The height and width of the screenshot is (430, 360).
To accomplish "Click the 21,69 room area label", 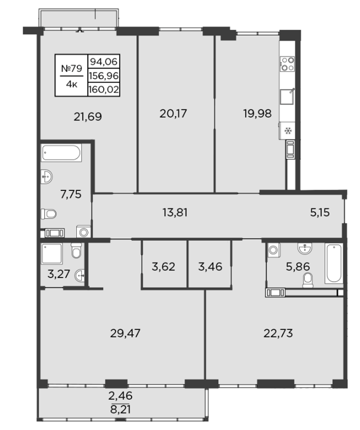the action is click(88, 117).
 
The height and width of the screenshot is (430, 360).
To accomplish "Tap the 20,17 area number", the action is click(173, 113).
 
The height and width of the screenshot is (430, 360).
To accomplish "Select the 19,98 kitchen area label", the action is click(257, 113).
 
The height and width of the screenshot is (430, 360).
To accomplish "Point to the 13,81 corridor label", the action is click(175, 213).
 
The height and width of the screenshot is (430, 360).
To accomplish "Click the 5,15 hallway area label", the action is click(319, 213).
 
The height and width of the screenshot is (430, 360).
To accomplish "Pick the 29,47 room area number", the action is click(125, 333).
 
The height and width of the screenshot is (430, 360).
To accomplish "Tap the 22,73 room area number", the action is click(278, 333).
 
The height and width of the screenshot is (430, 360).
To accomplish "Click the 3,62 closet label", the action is click(163, 267).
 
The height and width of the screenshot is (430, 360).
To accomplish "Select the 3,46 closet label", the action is click(210, 267).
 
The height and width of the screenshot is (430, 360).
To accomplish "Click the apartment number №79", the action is click(71, 68).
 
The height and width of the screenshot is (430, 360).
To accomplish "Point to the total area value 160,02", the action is click(104, 90).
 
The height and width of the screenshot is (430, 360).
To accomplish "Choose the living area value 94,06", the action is click(104, 61).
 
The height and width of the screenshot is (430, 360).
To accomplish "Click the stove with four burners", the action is click(288, 64).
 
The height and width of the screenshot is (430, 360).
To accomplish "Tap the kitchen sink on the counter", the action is click(288, 96).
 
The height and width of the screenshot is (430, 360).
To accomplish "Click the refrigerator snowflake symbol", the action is click(288, 131).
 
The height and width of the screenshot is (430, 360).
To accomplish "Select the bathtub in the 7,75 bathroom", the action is click(61, 153).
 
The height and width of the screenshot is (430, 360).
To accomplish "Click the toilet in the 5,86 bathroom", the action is click(308, 280).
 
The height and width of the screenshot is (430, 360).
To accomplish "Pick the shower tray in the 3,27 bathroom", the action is click(52, 254).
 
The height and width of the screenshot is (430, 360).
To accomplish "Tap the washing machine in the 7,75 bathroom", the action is click(84, 232).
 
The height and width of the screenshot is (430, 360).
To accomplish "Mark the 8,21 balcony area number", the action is click(120, 410).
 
